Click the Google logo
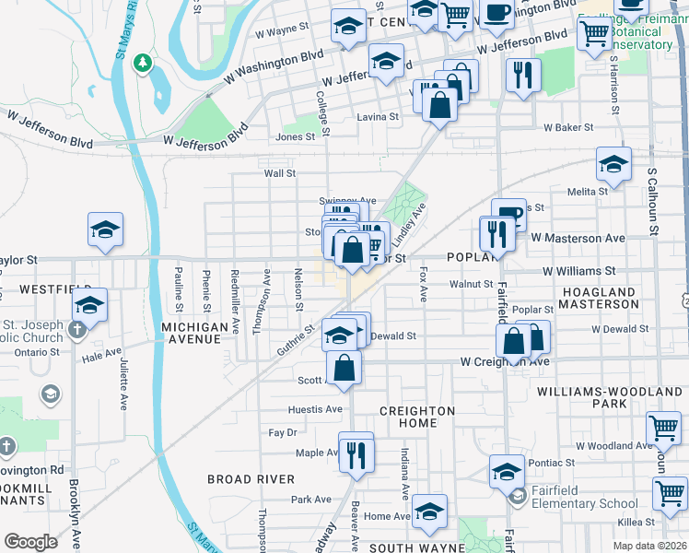tap(30, 542)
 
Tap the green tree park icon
tap(141, 63)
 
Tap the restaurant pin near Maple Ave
tap(356, 452)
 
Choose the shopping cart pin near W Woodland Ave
tap(663, 428)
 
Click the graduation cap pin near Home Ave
tap(429, 512)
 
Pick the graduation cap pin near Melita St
tap(613, 165)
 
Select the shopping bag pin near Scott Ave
tap(344, 368)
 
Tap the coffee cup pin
tap(496, 13)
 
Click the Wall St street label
tap(279, 172)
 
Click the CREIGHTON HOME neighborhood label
tap(417, 417)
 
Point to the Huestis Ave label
tap(315, 409)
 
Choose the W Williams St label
tap(578, 271)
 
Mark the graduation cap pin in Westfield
tap(89, 305)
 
